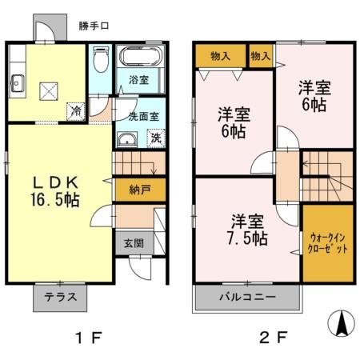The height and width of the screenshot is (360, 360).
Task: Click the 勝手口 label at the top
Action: coord(94,26)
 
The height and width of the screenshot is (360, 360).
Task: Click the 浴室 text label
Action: coord(141,80)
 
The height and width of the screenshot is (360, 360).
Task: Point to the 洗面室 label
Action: coord(144,116)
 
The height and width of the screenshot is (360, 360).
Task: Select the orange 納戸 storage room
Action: coord(139,190)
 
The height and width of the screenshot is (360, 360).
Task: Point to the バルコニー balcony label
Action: coord(247,297)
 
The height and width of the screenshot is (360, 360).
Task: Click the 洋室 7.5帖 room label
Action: coord(247,229)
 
